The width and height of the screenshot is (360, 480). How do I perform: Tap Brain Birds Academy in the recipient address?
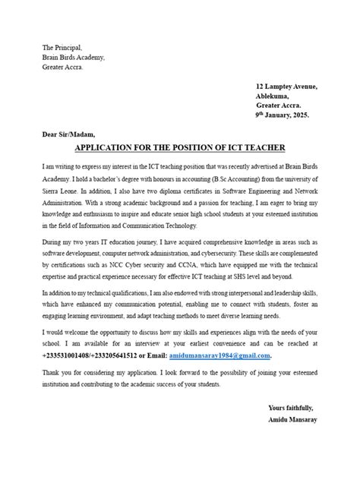[74, 57]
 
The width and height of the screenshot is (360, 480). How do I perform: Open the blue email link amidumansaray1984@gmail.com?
[219, 355]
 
